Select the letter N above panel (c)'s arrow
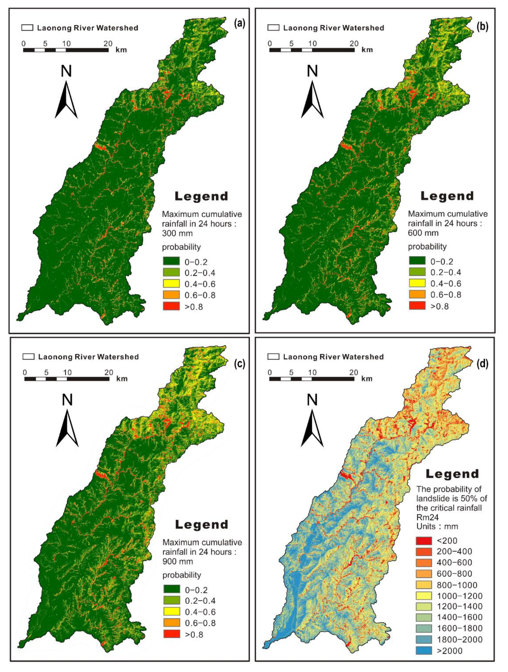pyautogui.click(x=67, y=400)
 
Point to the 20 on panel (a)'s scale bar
pyautogui.click(x=108, y=43)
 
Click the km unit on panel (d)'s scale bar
pyautogui.click(x=367, y=379)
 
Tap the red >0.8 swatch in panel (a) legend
pyautogui.click(x=171, y=306)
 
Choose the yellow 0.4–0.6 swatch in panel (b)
pyautogui.click(x=417, y=283)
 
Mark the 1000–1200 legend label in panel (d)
pyautogui.click(x=459, y=596)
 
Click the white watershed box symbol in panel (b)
pyautogui.click(x=274, y=28)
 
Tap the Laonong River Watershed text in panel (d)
pyautogui.click(x=333, y=357)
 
